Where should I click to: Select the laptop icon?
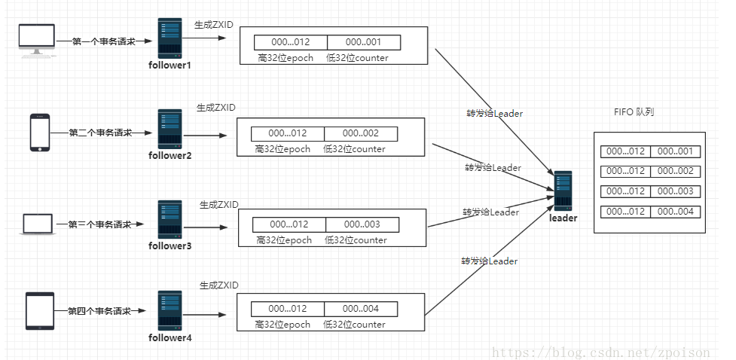37,224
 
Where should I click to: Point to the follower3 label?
169,246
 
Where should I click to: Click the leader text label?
563,218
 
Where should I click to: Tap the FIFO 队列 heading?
634,111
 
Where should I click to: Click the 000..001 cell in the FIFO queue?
675,151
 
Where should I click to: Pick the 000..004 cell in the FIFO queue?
675,212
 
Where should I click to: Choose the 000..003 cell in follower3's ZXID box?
362,224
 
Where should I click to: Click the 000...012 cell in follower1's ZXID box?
290,42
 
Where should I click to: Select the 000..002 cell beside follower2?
361,133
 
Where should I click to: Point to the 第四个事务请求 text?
99,310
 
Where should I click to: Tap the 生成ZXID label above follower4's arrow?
218,285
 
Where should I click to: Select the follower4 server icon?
169,310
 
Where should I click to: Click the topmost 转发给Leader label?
494,114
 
